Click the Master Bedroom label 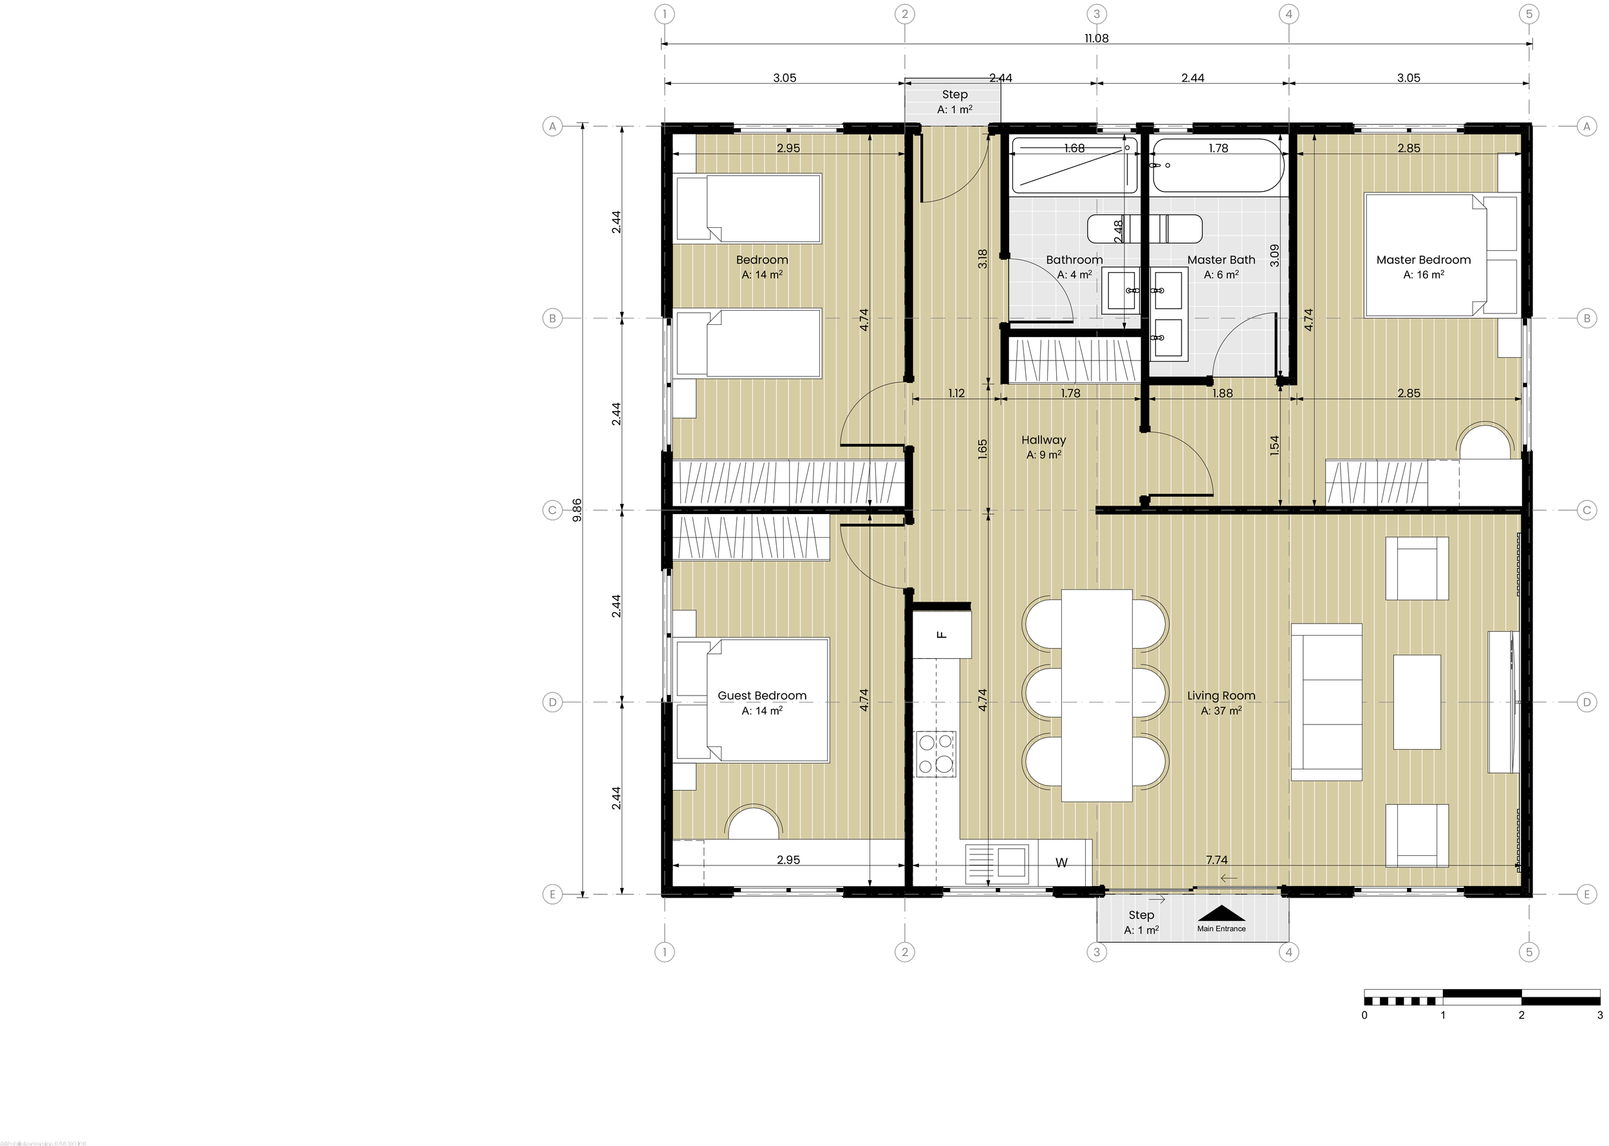(1423, 260)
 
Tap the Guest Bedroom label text (761, 695)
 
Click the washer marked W (1061, 862)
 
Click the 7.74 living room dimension (1216, 860)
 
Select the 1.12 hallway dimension (956, 393)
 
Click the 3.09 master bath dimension (1274, 255)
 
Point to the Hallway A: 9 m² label (1043, 447)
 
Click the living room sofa (1326, 702)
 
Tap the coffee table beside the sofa (1417, 702)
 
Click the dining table (1097, 695)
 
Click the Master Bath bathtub (1216, 166)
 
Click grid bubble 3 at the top (1097, 14)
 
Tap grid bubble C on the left (553, 510)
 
